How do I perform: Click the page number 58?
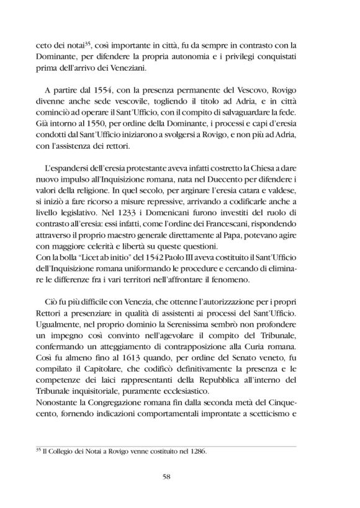point(179,476)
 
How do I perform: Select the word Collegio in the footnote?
point(68,452)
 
